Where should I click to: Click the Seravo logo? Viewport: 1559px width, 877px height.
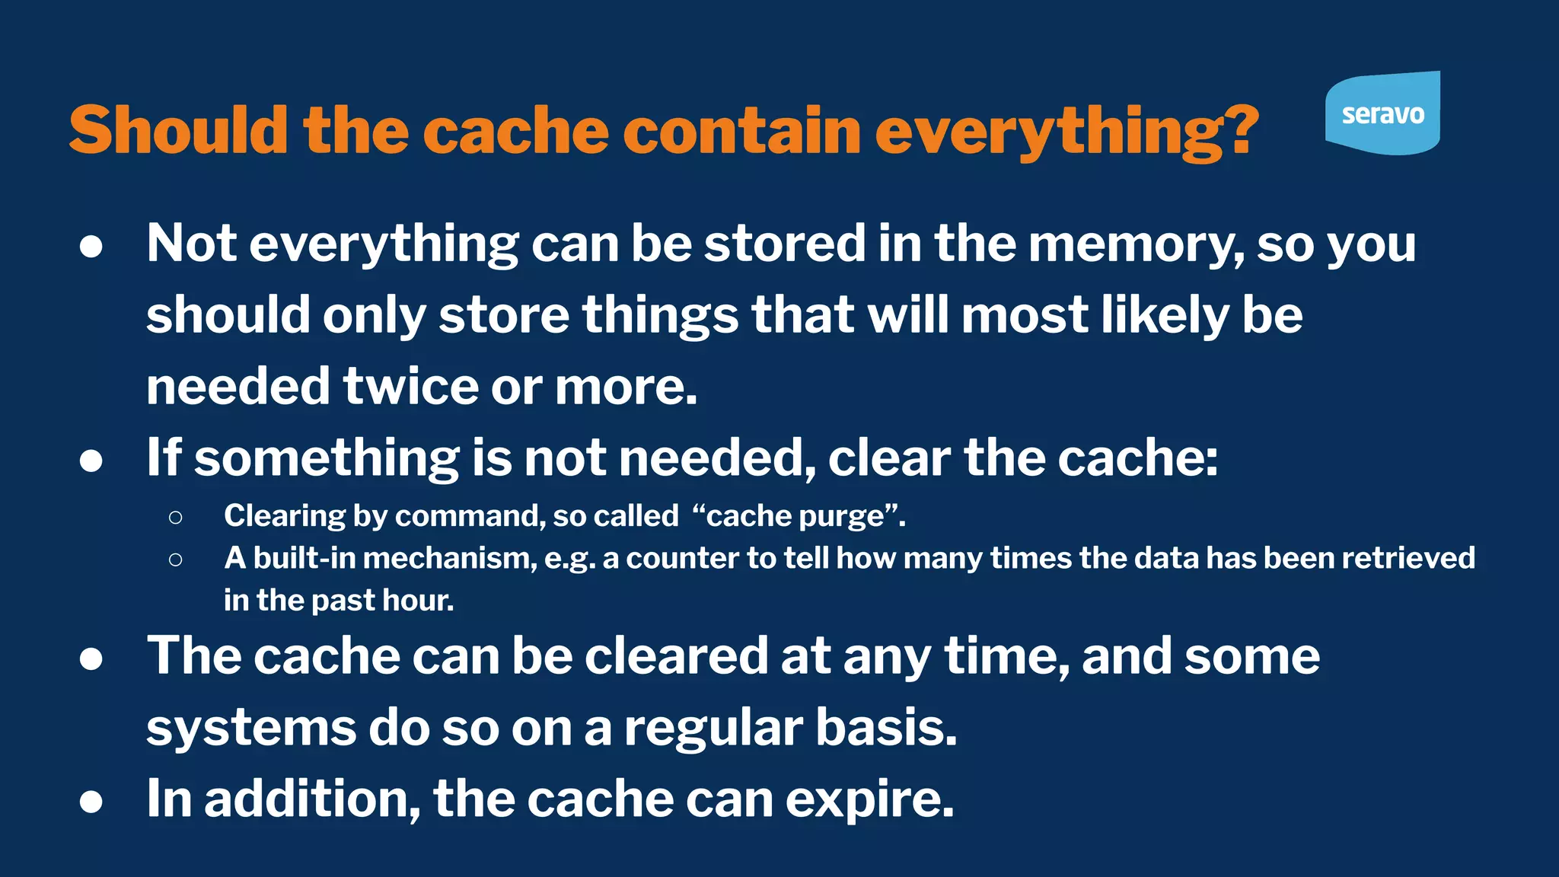1382,113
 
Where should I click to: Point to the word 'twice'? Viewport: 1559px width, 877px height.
410,387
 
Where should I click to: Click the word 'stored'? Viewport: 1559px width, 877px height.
785,245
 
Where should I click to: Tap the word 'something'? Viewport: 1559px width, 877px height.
327,458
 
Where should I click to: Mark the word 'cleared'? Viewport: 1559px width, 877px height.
676,656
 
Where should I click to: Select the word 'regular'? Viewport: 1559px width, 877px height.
713,728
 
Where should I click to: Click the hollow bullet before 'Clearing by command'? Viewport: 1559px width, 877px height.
176,518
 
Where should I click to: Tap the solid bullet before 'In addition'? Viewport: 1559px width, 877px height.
91,802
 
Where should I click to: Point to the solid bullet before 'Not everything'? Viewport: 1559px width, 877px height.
91,247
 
